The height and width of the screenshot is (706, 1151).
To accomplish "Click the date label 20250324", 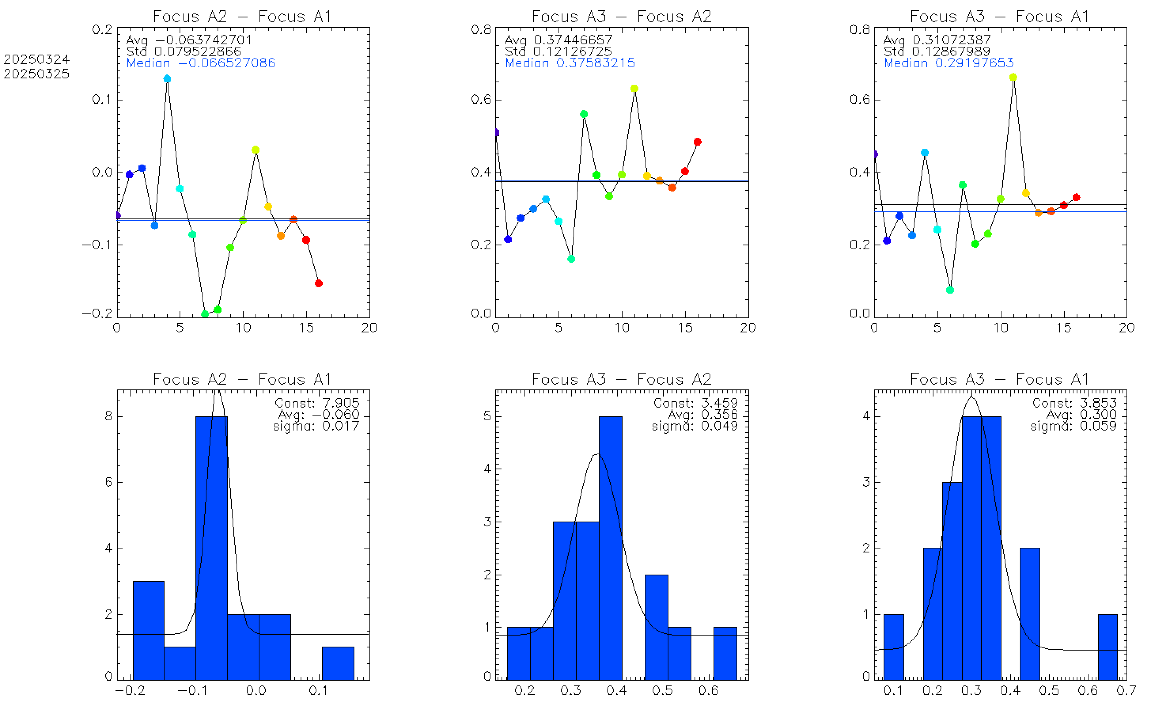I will point(36,59).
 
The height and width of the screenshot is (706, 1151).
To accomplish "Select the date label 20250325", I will point(36,74).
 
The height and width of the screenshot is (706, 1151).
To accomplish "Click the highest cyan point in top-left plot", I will point(167,79).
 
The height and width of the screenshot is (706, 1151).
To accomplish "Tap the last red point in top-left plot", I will point(318,283).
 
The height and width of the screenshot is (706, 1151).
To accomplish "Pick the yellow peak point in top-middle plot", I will point(634,88).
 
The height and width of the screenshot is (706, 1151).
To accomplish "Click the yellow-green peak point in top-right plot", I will point(1013,77).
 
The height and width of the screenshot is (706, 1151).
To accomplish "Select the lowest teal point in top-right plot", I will point(950,290).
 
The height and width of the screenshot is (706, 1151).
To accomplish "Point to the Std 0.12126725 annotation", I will point(558,51).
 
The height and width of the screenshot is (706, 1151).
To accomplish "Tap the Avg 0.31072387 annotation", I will point(937,40).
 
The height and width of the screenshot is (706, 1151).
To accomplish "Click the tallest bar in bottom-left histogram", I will point(211,547).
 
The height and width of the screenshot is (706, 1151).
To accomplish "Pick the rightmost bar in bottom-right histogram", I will point(1107,647).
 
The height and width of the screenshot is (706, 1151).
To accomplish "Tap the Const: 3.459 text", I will point(695,403).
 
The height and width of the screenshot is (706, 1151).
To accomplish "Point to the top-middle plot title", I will point(622,17).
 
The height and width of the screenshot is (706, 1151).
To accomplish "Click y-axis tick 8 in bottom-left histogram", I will point(108,416).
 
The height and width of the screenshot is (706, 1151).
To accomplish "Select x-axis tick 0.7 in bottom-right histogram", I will point(1126,690).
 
